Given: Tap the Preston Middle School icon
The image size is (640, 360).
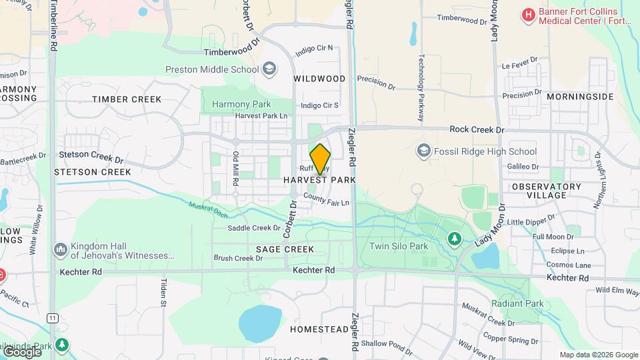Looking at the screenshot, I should pyautogui.click(x=269, y=69).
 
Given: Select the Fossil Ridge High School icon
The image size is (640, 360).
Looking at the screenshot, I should pyautogui.click(x=423, y=151).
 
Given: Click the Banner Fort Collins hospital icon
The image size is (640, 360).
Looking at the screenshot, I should pyautogui.click(x=529, y=14).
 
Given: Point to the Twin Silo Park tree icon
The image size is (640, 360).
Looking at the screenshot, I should pyautogui.click(x=454, y=238).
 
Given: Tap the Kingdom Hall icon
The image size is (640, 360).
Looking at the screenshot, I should pyautogui.click(x=60, y=249).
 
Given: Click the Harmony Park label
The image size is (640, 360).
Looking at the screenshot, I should pyautogui.click(x=241, y=104).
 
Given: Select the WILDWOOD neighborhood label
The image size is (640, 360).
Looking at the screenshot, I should pyautogui.click(x=319, y=79).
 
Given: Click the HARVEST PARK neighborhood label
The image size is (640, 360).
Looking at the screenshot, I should pyautogui.click(x=319, y=180).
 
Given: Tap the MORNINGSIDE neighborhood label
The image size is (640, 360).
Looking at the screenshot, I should pyautogui.click(x=579, y=97).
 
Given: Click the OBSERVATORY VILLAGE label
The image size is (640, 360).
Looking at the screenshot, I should pyautogui.click(x=547, y=191).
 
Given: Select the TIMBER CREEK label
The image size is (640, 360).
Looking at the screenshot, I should pyautogui.click(x=127, y=99).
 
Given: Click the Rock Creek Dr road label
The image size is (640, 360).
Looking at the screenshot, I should pyautogui.click(x=477, y=129).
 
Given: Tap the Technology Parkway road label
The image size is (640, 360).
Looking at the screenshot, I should pyautogui.click(x=421, y=87).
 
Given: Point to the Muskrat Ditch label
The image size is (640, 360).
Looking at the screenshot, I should pyautogui.click(x=207, y=210).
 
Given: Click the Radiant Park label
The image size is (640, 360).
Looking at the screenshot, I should pyautogui.click(x=517, y=304).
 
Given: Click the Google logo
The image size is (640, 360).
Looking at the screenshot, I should pyautogui.click(x=21, y=351).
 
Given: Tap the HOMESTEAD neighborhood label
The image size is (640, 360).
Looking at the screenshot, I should pyautogui.click(x=319, y=329).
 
